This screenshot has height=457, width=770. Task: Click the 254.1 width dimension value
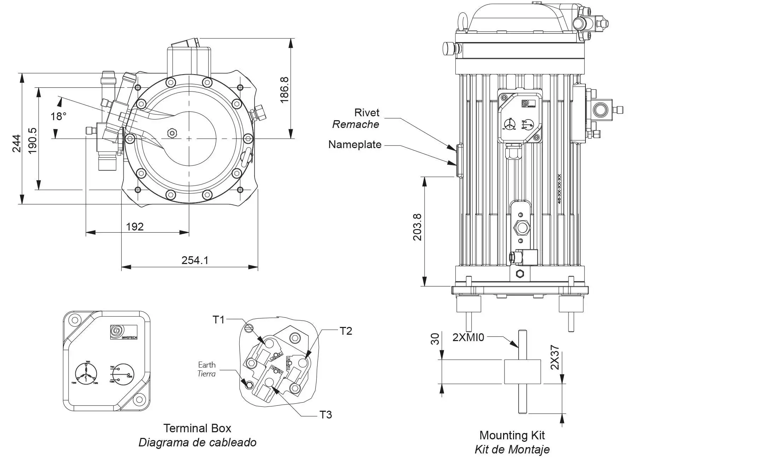195,260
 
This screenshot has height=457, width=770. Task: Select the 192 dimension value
135,227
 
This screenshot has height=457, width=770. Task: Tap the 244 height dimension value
17,143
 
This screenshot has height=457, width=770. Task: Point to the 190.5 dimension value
33,140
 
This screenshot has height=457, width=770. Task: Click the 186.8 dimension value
284,90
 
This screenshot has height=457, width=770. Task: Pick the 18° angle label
58,116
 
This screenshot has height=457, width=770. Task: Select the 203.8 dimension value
418,227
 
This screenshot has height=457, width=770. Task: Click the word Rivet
367,112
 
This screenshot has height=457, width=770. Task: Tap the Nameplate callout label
355,144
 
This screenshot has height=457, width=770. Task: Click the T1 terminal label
218,320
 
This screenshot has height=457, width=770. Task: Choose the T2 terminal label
346,331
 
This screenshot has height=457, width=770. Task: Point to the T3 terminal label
326,415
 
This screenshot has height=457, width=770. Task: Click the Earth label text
207,365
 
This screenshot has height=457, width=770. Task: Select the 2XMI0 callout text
468,337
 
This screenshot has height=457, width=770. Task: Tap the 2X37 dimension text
555,357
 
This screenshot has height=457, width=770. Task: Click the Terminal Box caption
197,428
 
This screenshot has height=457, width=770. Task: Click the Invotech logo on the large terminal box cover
123,332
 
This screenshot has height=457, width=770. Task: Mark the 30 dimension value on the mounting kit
436,339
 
